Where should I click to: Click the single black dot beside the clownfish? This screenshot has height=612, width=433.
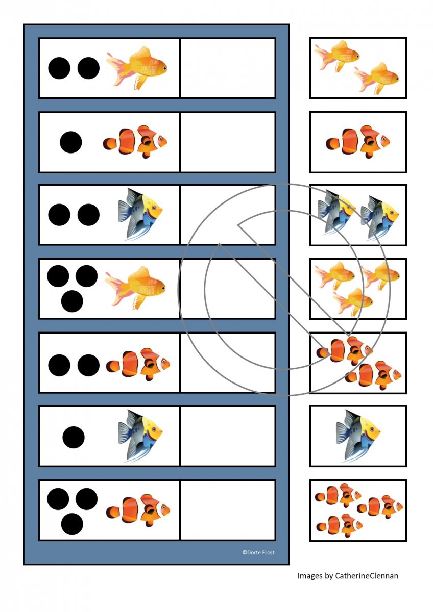tap(71, 142)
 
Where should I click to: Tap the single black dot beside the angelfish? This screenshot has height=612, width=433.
tap(74, 437)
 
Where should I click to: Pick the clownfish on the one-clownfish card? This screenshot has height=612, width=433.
tap(358, 142)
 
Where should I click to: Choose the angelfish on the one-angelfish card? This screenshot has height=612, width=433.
tap(358, 437)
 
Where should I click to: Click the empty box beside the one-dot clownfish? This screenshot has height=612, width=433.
tap(228, 142)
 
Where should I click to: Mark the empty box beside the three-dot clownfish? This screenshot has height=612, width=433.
tap(228, 511)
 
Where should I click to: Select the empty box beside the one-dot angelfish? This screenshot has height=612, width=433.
tap(228, 437)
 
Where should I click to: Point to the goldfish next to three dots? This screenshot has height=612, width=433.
tap(135, 288)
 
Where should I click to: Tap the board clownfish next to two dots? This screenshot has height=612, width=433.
tap(138, 364)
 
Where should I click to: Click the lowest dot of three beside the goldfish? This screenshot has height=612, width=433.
tap(72, 301)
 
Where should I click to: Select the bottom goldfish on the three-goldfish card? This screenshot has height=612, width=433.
tap(353, 301)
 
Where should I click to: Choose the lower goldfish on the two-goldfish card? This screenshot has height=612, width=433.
tap(376, 78)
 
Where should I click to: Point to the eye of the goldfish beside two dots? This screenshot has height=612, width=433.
tap(164, 68)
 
